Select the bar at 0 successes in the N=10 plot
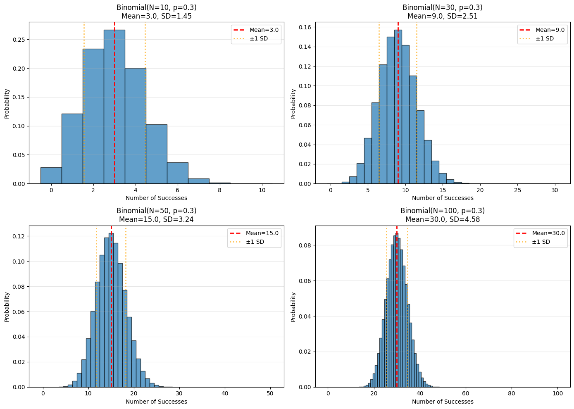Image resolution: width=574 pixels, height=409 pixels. (51, 176)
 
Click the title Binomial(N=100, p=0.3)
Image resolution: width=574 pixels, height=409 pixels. (443, 211)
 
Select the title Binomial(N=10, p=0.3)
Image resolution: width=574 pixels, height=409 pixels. (156, 7)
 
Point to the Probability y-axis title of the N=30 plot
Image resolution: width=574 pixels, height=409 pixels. (293, 104)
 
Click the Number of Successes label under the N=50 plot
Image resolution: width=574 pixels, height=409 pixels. (156, 402)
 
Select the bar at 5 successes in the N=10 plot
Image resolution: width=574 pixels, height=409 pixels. (157, 155)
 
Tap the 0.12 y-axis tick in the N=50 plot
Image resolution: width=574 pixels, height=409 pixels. (19, 236)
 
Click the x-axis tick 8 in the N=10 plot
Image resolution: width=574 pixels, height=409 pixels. (220, 190)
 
